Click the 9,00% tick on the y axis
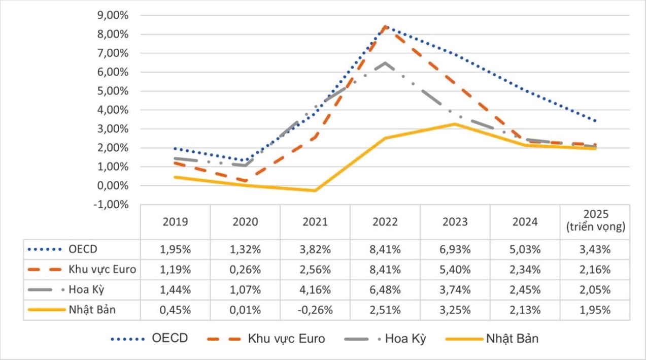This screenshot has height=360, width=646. click(x=113, y=16)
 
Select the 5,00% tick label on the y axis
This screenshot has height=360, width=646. click(x=113, y=91)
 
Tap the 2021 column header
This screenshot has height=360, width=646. click(x=315, y=222)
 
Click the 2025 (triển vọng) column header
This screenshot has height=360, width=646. click(x=595, y=222)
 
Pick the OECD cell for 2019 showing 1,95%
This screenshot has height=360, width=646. click(x=175, y=249)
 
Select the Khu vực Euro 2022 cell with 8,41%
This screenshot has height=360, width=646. click(x=385, y=270)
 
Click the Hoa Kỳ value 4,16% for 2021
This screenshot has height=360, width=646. click(x=315, y=290)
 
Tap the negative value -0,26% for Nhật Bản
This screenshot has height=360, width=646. click(x=315, y=310)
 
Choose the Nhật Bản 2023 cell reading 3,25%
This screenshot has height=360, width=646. click(x=455, y=310)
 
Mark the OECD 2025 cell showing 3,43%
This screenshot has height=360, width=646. click(x=595, y=249)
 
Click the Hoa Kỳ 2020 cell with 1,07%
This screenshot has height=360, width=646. click(x=245, y=290)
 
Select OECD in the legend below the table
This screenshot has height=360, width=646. click(x=170, y=339)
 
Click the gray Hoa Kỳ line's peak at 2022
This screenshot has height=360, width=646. click(x=385, y=63)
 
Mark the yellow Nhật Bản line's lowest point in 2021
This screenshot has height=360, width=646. click(x=315, y=191)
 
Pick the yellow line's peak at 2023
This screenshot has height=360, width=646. click(x=455, y=124)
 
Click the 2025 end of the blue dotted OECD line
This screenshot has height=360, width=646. click(x=595, y=121)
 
